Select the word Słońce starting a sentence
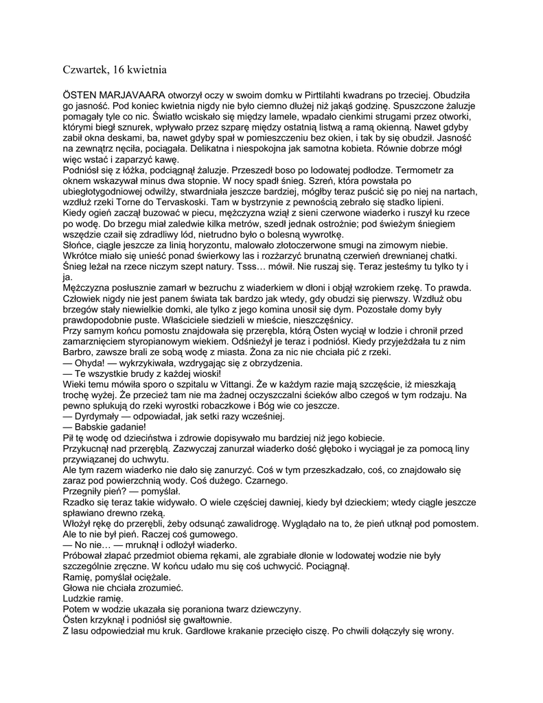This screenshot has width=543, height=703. pyautogui.click(x=80, y=245)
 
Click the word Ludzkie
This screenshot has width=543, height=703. pyautogui.click(x=82, y=599)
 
